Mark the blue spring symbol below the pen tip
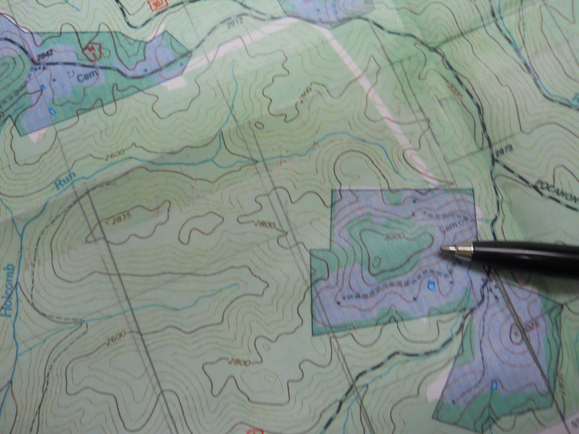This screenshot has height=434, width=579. pos(431,284)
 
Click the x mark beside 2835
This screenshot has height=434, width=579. pos(107,222)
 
